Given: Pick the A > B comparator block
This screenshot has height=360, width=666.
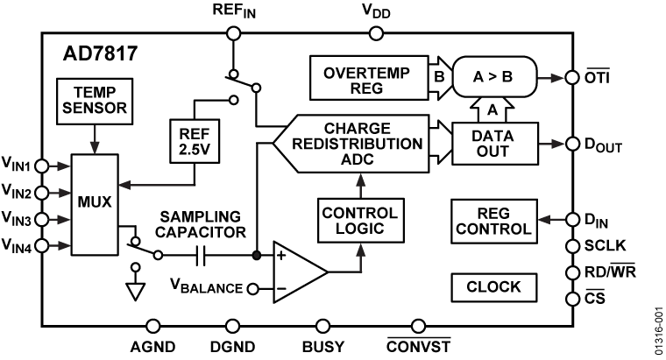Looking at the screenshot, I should (x=491, y=78).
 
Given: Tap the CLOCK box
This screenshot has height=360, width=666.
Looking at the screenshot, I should (x=492, y=286).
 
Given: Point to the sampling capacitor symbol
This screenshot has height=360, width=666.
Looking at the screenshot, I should (x=202, y=256).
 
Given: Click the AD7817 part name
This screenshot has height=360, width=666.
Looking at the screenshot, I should (x=98, y=53).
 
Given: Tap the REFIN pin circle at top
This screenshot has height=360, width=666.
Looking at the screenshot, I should (x=232, y=33).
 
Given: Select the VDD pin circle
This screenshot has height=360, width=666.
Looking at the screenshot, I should (x=377, y=33).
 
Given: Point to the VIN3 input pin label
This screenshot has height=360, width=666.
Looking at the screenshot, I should (x=19, y=219).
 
